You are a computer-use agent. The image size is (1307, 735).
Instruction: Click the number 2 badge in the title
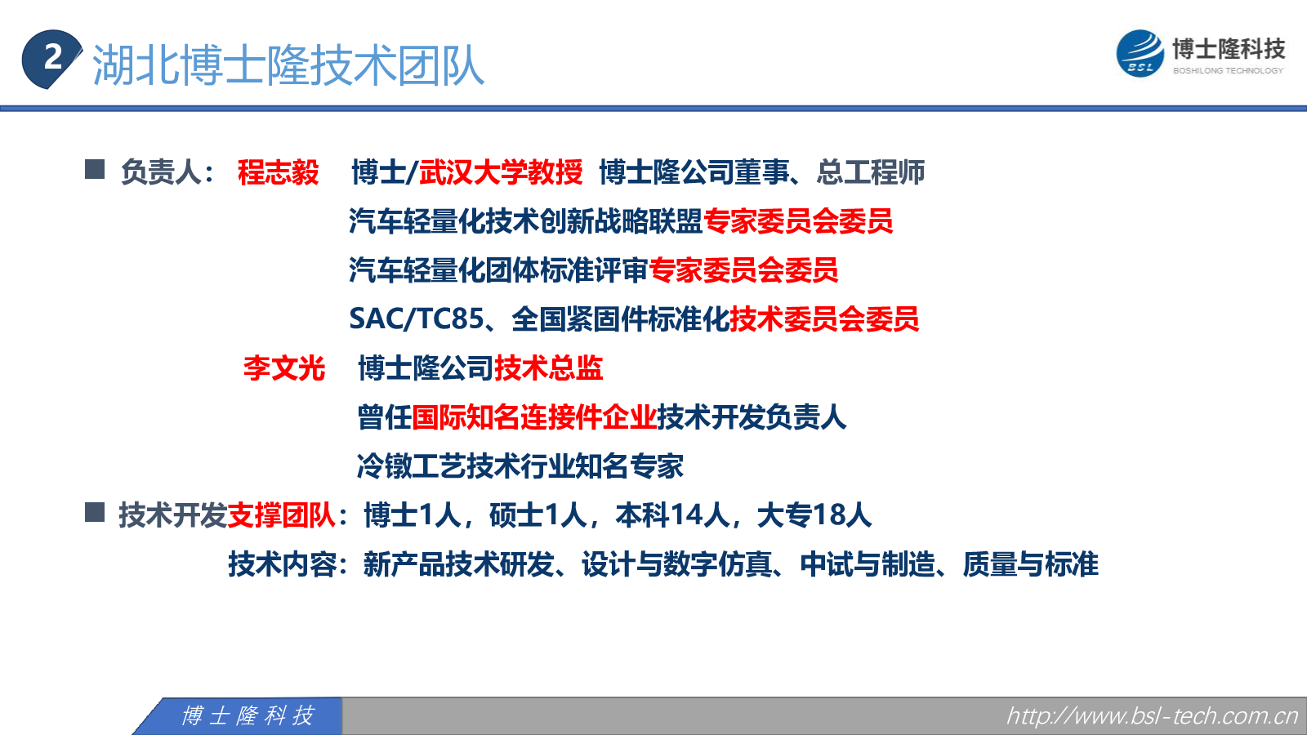tap(51, 59)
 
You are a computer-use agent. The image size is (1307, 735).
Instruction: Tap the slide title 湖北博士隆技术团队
tap(288, 65)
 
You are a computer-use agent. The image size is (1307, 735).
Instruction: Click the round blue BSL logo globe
tap(1140, 54)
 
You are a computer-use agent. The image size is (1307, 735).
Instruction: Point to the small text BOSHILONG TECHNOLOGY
tap(1228, 70)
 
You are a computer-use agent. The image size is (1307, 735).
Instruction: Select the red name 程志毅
tap(279, 172)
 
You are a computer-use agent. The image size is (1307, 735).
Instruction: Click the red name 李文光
tap(284, 368)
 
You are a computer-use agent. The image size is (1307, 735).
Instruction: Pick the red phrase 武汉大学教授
tap(501, 172)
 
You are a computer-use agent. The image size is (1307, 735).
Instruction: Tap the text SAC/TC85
tap(417, 319)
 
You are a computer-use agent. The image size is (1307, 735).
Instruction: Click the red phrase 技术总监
tap(548, 368)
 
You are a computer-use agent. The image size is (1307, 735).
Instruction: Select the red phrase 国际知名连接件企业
tap(534, 417)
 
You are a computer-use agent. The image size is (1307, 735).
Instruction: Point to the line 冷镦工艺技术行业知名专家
tap(520, 466)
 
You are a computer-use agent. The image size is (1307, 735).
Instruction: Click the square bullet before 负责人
tap(95, 169)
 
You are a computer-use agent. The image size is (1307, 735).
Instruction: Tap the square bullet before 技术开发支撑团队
tap(95, 512)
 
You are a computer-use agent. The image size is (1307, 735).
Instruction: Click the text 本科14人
tap(673, 515)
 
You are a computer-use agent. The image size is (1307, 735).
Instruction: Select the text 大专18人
tap(814, 515)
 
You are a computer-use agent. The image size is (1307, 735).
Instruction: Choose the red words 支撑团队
tap(281, 515)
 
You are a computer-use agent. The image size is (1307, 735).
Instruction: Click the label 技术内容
tap(283, 564)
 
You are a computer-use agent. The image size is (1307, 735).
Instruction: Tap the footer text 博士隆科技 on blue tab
tap(248, 715)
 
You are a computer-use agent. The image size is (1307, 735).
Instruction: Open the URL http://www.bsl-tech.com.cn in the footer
tap(1152, 715)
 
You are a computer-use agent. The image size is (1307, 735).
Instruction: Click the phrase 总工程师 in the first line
tap(870, 172)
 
